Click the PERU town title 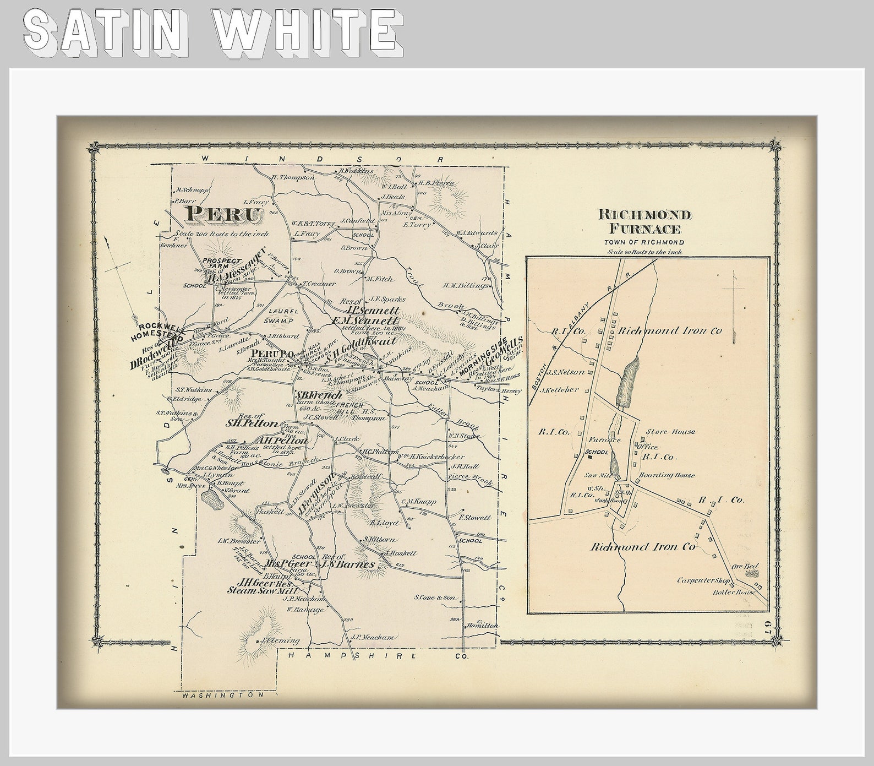coord(222,214)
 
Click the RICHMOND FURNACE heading coord(644,222)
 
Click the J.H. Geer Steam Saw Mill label coord(256,586)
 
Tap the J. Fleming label coord(280,640)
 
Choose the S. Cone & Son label coord(435,597)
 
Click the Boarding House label coord(667,475)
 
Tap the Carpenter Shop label coord(703,580)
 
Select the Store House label coord(670,432)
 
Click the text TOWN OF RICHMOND coord(644,242)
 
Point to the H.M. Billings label coord(466,285)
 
